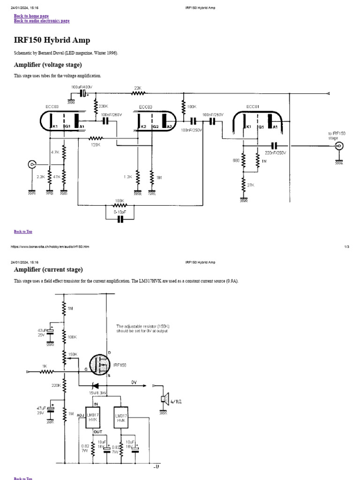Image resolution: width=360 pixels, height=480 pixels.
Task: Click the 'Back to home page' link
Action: [31, 16]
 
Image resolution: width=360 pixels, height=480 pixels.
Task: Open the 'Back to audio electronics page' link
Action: [42, 21]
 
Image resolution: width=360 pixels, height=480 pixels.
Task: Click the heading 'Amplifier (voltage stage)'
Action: [48, 65]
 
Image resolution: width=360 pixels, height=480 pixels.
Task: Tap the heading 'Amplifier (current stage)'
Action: [48, 270]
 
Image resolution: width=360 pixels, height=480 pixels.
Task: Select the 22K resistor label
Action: [137, 88]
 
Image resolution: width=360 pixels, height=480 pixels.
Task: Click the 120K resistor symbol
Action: [96, 138]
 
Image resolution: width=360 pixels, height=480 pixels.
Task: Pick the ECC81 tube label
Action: [252, 107]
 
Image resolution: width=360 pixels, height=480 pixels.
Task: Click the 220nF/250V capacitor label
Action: [275, 153]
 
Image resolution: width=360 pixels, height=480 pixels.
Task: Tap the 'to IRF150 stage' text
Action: [336, 136]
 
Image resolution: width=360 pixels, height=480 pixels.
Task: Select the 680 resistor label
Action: [236, 161]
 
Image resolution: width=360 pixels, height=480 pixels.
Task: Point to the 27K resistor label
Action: [251, 185]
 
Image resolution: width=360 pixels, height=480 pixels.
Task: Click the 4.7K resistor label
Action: [55, 152]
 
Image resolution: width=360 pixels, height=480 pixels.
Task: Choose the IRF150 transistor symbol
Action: [100, 365]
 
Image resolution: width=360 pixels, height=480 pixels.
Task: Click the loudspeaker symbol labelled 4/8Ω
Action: [164, 399]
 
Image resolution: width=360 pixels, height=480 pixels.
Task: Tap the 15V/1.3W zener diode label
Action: [98, 392]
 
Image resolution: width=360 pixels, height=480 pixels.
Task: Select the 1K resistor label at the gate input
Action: [44, 366]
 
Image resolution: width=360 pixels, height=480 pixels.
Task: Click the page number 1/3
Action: [346, 247]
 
